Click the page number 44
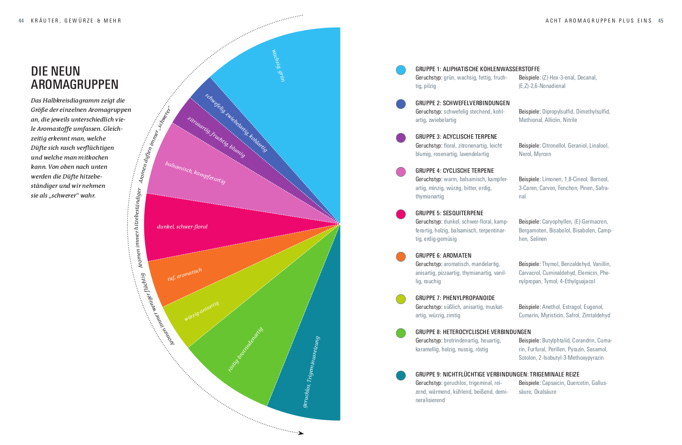pyautogui.click(x=21, y=21)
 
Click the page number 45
pyautogui.click(x=661, y=21)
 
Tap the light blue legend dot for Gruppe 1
pyautogui.click(x=401, y=70)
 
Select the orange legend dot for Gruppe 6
pyautogui.click(x=401, y=257)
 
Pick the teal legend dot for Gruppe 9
pyautogui.click(x=401, y=376)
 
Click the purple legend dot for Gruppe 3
pyautogui.click(x=401, y=138)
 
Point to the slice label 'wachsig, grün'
pyautogui.click(x=279, y=65)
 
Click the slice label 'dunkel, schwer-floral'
pyautogui.click(x=182, y=227)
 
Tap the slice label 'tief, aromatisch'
pyautogui.click(x=185, y=274)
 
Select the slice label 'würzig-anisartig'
pyautogui.click(x=201, y=311)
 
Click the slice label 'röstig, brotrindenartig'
pyautogui.click(x=245, y=349)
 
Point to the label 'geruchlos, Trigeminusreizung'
pyautogui.click(x=311, y=372)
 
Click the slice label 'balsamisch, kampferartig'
pyautogui.click(x=195, y=173)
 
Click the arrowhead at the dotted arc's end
pyautogui.click(x=301, y=433)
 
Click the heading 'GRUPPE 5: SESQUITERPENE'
pyautogui.click(x=449, y=213)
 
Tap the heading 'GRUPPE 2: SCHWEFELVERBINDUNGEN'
pyautogui.click(x=462, y=103)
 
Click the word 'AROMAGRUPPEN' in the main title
pyautogui.click(x=75, y=84)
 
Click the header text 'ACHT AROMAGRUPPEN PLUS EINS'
pyautogui.click(x=598, y=21)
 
